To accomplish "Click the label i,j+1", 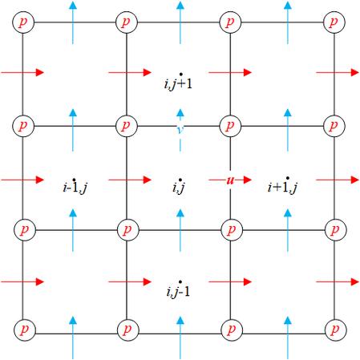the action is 178,84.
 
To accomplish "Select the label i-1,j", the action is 75,188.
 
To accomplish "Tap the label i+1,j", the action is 282,187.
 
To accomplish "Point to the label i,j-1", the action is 178,292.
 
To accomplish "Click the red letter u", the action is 230,180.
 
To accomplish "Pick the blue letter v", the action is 180,130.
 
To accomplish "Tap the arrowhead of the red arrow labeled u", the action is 248,180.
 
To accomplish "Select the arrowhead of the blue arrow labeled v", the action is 180,112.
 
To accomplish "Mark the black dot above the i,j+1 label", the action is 181,74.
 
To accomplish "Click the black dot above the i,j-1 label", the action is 180,281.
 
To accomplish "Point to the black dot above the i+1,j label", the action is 288,178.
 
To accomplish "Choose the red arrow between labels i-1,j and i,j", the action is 130,180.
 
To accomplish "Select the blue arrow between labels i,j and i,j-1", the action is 180,230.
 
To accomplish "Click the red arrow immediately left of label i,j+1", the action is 130,72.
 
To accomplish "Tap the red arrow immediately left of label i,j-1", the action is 130,281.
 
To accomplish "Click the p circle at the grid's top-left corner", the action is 23,22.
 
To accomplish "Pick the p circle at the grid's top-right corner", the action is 334,22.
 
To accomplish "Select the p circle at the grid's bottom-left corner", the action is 25,330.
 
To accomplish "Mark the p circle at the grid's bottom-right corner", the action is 336,330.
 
